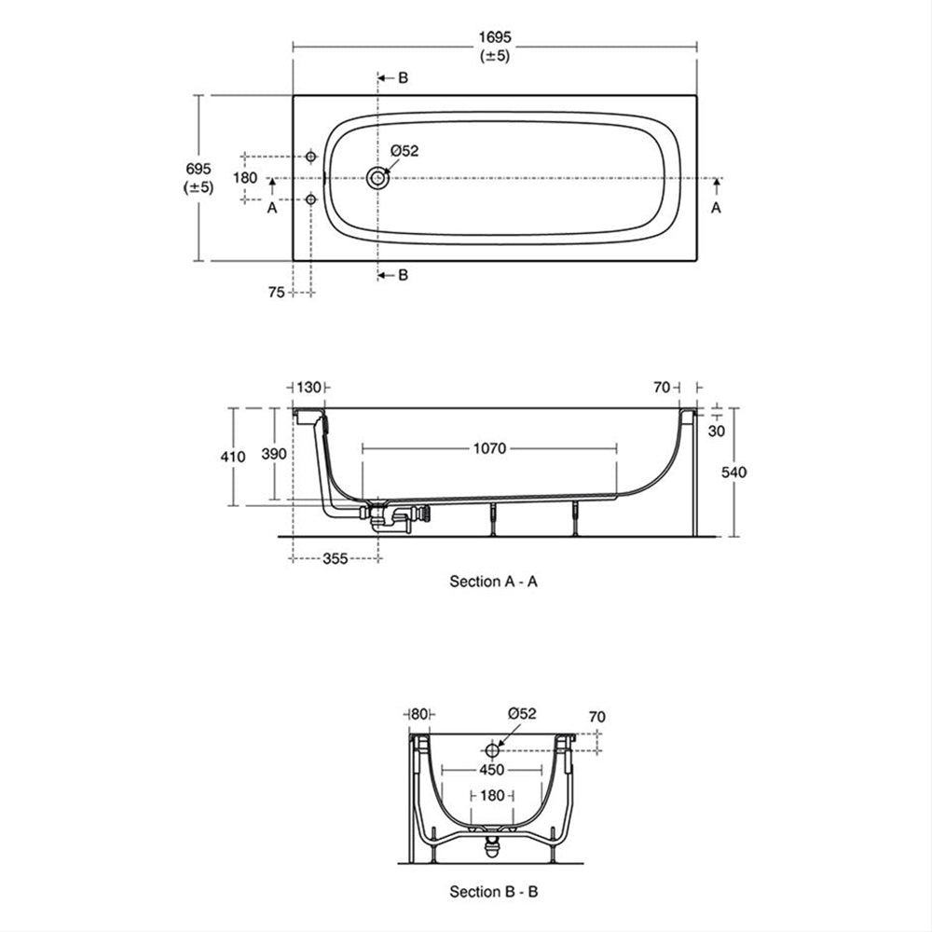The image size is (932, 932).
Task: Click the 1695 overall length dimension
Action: pos(495,37)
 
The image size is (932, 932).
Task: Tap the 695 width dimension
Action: pos(198,169)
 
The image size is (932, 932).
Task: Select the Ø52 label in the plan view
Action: pos(404,151)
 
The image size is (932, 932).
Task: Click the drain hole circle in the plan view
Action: pos(377,178)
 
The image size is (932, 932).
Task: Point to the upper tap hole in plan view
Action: pos(310,157)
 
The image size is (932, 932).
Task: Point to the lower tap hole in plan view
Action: pos(310,199)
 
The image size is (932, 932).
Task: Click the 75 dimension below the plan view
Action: pos(277,293)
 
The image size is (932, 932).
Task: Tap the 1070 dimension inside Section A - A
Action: pos(489,448)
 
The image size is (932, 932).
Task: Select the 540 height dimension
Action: pos(733,473)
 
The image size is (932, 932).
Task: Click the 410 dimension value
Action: pos(232,457)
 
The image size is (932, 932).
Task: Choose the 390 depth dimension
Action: pos(274,454)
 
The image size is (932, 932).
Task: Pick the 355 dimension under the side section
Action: pos(336,558)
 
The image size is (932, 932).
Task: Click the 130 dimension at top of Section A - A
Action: pos(308,388)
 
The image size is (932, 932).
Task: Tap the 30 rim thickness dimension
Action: pos(716,431)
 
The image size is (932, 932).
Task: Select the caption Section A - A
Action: pos(493,582)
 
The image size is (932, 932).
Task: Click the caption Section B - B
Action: pos(493,892)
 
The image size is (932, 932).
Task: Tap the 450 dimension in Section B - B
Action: pos(491,770)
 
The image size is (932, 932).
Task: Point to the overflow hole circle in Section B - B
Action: pos(491,750)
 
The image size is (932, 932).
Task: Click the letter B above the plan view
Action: pos(403,78)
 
